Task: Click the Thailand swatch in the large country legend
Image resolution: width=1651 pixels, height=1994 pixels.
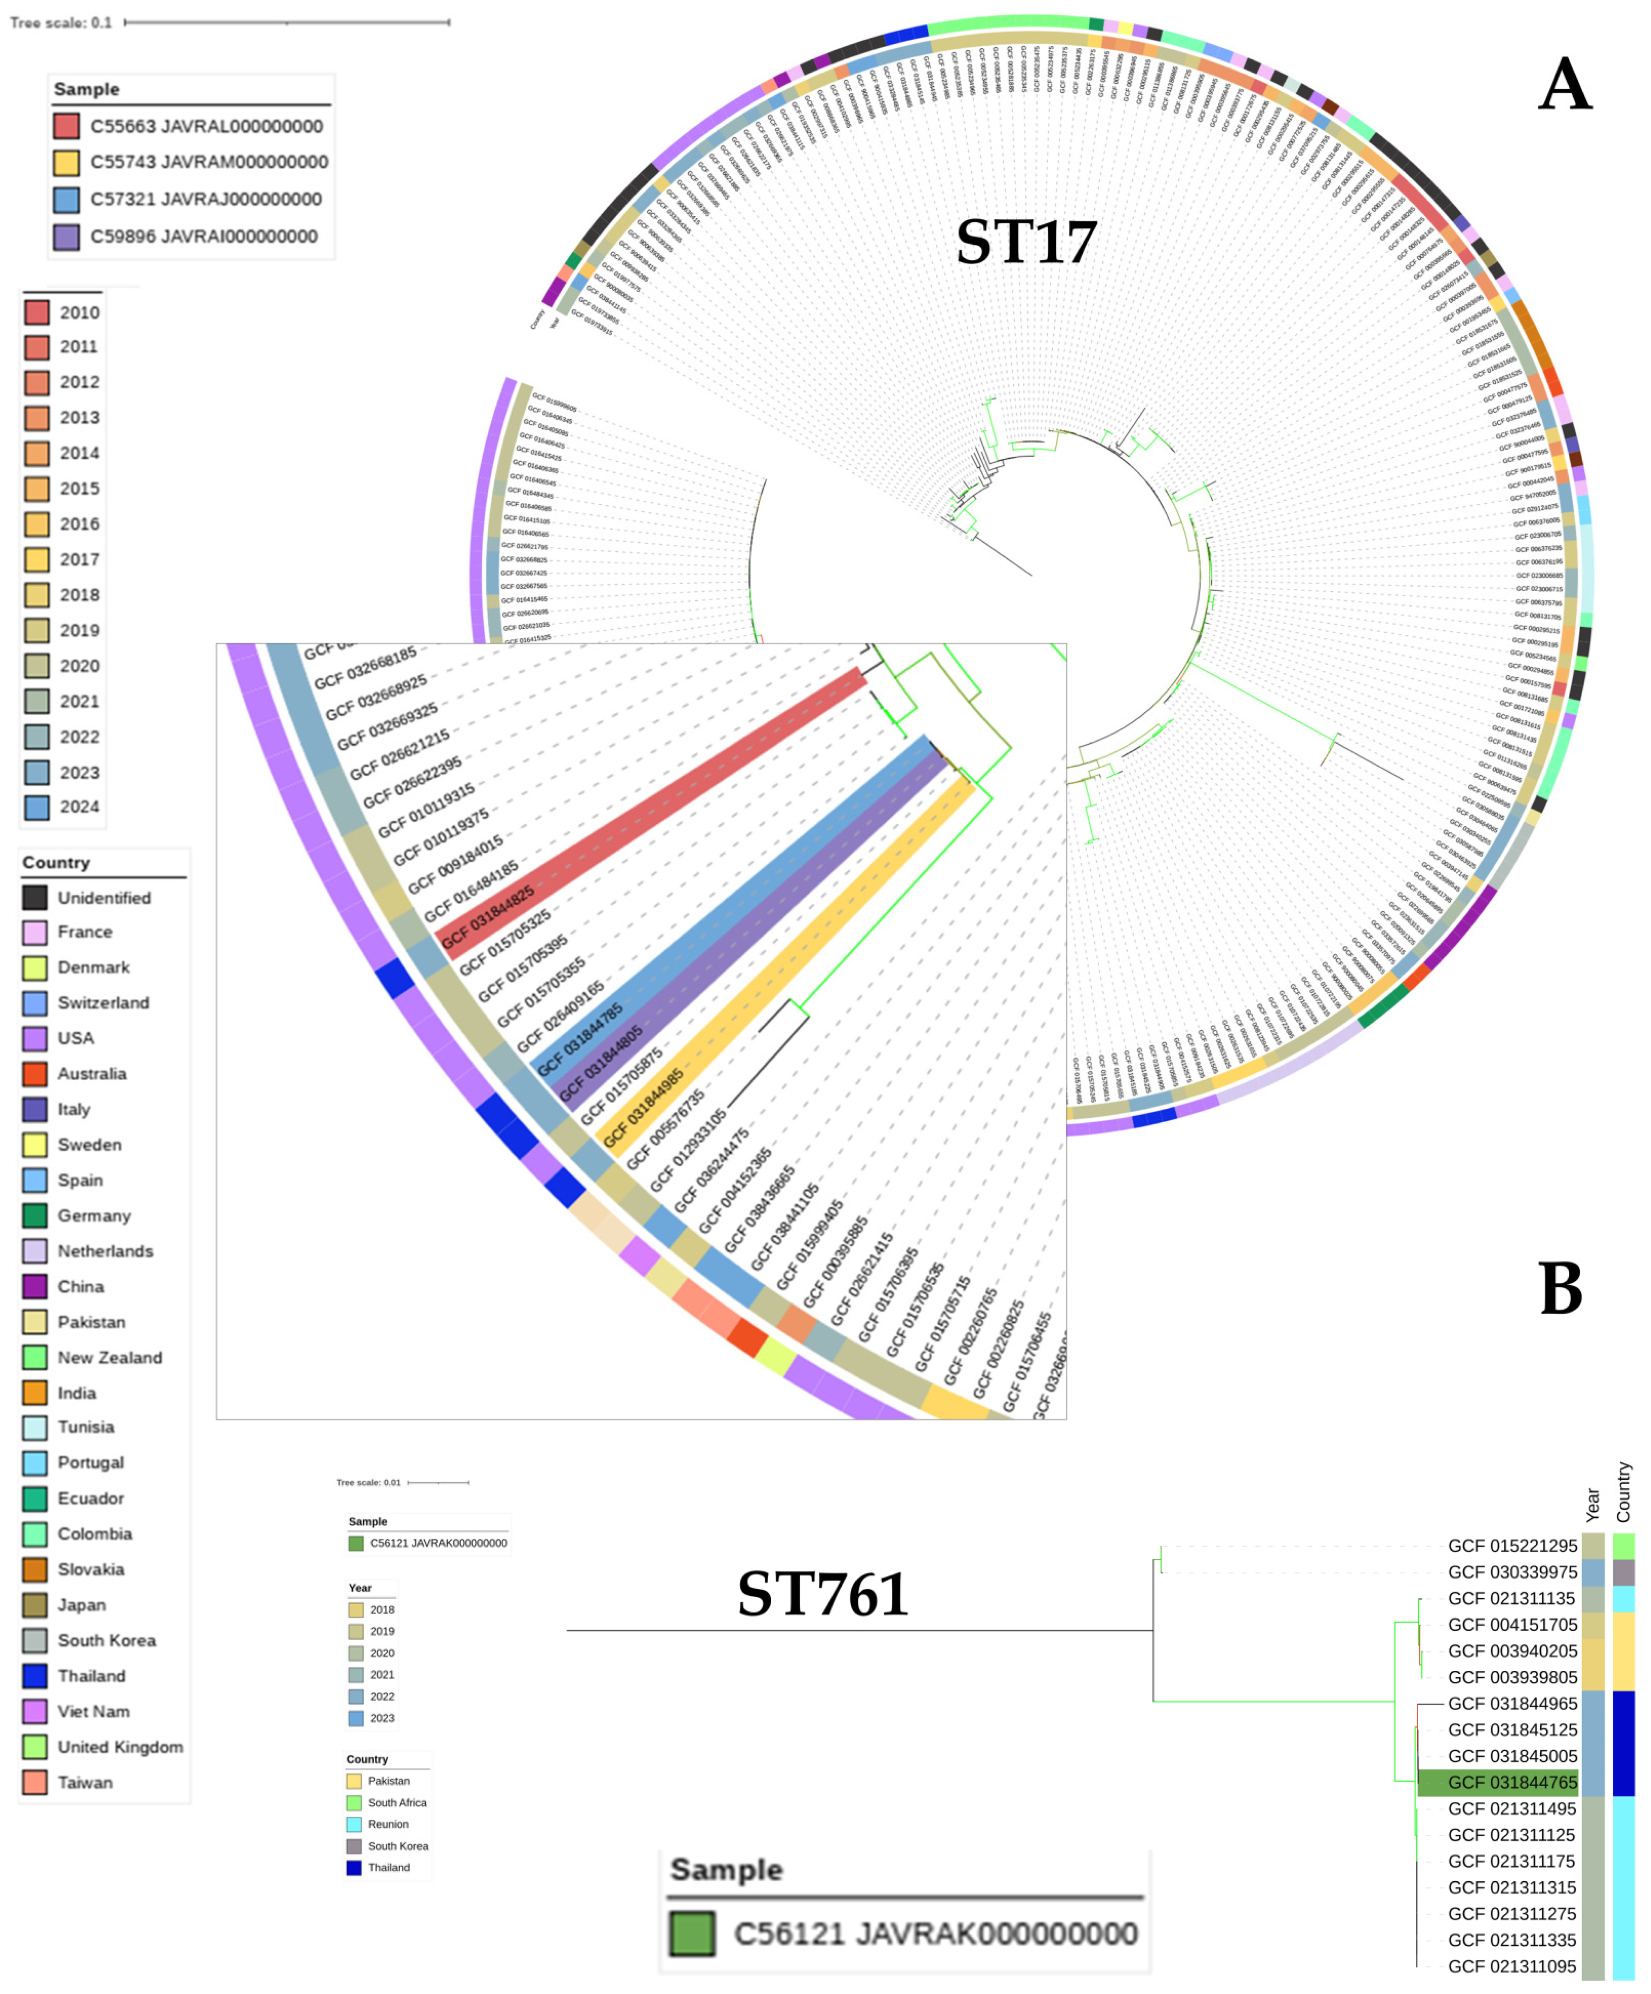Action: coord(35,1676)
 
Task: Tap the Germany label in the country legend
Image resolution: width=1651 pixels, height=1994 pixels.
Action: coord(94,1215)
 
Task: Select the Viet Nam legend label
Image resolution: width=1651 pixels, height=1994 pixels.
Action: coord(93,1711)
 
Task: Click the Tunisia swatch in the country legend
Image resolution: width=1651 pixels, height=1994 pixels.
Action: coord(35,1427)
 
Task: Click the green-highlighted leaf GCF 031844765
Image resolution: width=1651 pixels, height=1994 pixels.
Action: coord(1511,1782)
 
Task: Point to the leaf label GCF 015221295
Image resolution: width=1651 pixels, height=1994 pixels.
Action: coord(1511,1546)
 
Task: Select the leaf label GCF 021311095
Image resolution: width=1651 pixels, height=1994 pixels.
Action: coord(1511,1966)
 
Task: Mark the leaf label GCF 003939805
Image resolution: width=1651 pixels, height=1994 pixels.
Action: coord(1511,1677)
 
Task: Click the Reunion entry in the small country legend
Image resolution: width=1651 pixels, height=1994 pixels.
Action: coord(388,1824)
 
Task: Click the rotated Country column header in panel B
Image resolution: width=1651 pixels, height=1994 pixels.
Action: coord(1623,1492)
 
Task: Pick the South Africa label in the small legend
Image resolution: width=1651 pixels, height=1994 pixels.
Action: coord(397,1802)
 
